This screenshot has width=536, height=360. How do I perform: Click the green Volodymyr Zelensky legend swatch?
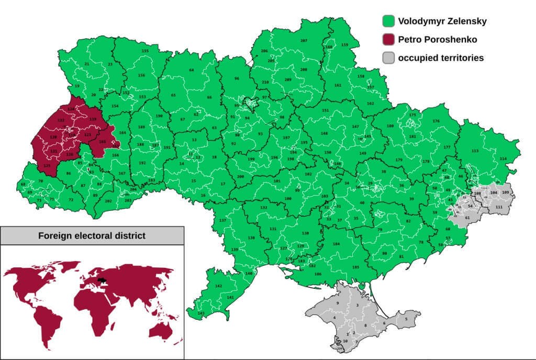click(388, 21)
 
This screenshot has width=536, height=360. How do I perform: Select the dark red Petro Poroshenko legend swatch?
click(388, 39)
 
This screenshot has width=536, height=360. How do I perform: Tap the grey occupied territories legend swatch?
click(388, 58)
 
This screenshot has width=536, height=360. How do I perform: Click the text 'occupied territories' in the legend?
click(441, 58)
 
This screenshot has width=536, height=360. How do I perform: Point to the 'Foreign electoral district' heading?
click(92, 235)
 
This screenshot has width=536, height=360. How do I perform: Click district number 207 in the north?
click(304, 40)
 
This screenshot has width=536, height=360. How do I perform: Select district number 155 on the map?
click(145, 51)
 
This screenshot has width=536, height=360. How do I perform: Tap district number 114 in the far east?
click(503, 159)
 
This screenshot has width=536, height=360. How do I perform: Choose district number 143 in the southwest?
click(201, 313)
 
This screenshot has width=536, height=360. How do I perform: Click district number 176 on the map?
click(436, 121)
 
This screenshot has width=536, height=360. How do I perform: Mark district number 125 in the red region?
click(47, 165)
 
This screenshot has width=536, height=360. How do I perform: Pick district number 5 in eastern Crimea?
click(405, 318)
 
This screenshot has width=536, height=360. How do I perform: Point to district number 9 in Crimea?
click(338, 303)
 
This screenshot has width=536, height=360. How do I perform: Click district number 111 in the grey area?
click(499, 207)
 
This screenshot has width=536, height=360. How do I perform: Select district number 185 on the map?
click(356, 267)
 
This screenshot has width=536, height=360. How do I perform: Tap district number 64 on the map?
click(192, 70)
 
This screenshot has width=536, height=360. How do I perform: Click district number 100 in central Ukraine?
click(288, 199)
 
